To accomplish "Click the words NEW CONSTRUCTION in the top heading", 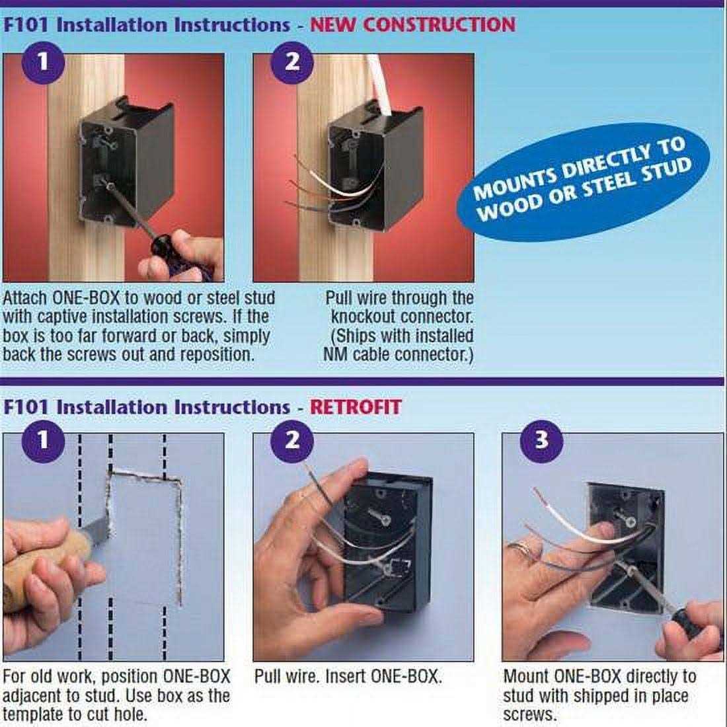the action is tap(412, 24).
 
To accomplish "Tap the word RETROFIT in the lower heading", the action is tap(355, 407).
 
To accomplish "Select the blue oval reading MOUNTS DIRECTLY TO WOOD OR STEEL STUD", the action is tap(583, 182).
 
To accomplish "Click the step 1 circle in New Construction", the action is tap(43, 62).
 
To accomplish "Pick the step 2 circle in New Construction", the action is tap(292, 62).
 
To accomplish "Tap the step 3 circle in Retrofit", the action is tap(541, 440).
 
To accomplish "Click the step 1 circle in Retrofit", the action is tap(43, 440).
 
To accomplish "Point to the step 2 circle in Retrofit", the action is tap(292, 440).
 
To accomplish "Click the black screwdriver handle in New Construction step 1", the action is tap(174, 252).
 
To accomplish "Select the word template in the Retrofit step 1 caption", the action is tap(32, 714).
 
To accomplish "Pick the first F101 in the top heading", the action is tap(26, 24).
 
